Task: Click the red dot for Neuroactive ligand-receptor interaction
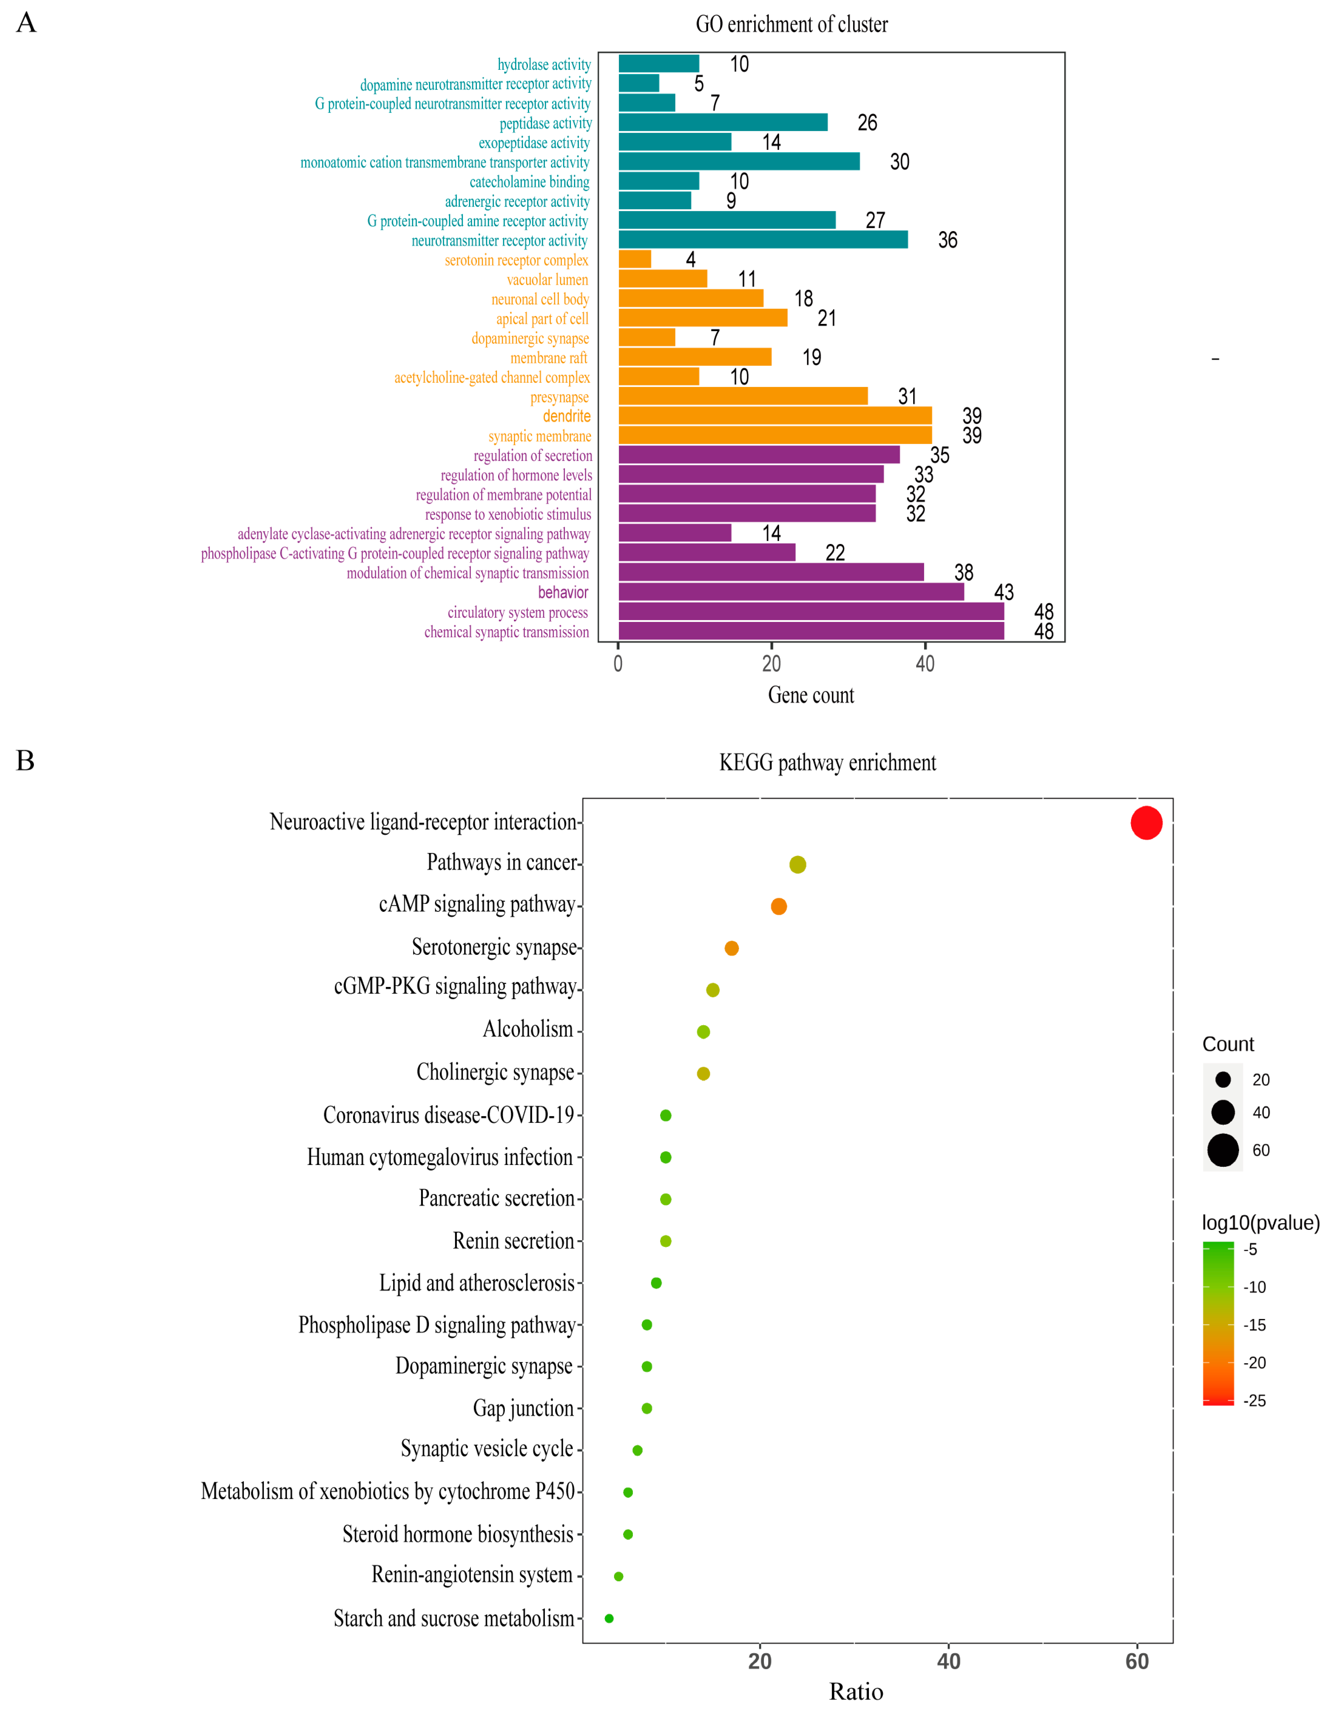pyautogui.click(x=1146, y=823)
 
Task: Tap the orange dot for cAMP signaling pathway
pyautogui.click(x=778, y=906)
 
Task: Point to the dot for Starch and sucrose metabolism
pyautogui.click(x=609, y=1618)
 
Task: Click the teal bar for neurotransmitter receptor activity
pyautogui.click(x=762, y=239)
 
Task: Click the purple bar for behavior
pyautogui.click(x=791, y=592)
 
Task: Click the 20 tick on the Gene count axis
pyautogui.click(x=771, y=664)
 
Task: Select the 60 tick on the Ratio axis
pyautogui.click(x=1137, y=1661)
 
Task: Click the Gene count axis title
pyautogui.click(x=810, y=695)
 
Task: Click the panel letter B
pyautogui.click(x=25, y=760)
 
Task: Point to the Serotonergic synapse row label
pyautogui.click(x=494, y=947)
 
